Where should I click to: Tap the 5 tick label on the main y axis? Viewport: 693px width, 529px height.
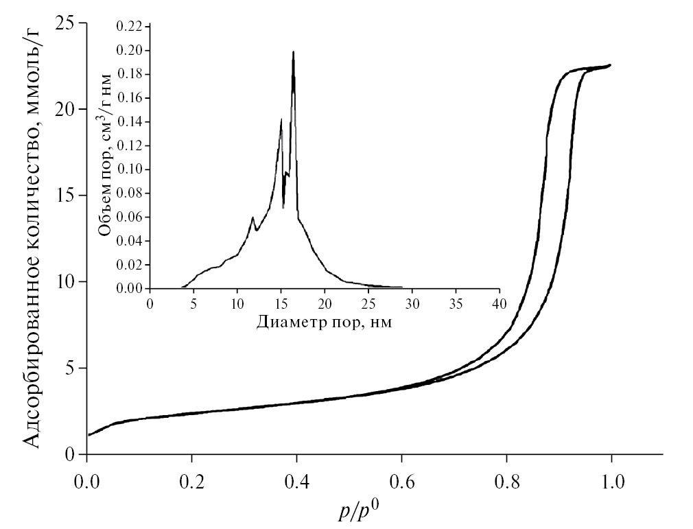(x=72, y=368)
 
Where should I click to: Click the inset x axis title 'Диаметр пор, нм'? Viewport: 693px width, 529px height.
(x=324, y=322)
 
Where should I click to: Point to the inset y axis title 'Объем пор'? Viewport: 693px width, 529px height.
(x=104, y=158)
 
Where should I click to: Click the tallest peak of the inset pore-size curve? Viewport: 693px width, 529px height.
(x=294, y=52)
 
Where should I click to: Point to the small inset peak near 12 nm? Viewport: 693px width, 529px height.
(x=252, y=218)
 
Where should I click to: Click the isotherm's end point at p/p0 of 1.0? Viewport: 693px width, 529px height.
(x=610, y=65)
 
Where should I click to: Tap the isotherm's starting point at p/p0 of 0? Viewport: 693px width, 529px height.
(x=89, y=435)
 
